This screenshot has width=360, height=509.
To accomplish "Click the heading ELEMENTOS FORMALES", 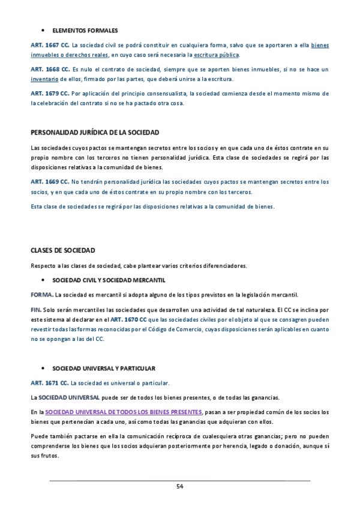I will pos(85,30).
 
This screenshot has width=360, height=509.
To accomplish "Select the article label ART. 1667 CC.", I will pos(50,45).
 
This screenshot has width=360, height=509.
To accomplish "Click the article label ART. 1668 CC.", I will pos(50,70).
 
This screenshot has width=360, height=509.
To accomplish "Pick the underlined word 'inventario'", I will pos(44,79).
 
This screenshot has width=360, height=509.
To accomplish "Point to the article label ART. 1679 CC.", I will pos(50,94).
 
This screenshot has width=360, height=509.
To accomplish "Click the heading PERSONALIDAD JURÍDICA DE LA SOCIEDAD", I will pos(95,132).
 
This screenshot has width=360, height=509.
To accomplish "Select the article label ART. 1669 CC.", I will pos(50,181).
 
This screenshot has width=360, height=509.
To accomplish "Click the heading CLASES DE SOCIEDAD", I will pos(63,250).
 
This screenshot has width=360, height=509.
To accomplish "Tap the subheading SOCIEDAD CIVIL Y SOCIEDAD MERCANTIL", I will pos(109,280).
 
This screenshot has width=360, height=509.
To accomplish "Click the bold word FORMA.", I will pos(41,294).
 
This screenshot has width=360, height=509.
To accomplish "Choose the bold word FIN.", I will pos(36,310).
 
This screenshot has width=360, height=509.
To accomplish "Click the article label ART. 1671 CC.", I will pos(50,382).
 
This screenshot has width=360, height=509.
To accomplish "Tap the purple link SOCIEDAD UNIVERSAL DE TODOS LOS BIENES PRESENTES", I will pos(124,412).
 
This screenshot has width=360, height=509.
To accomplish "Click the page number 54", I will pos(179,486).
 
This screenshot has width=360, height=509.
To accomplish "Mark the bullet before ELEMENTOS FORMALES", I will pos(43,30).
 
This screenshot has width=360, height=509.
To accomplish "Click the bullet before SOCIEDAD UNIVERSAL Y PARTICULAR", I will pos(43,367).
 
